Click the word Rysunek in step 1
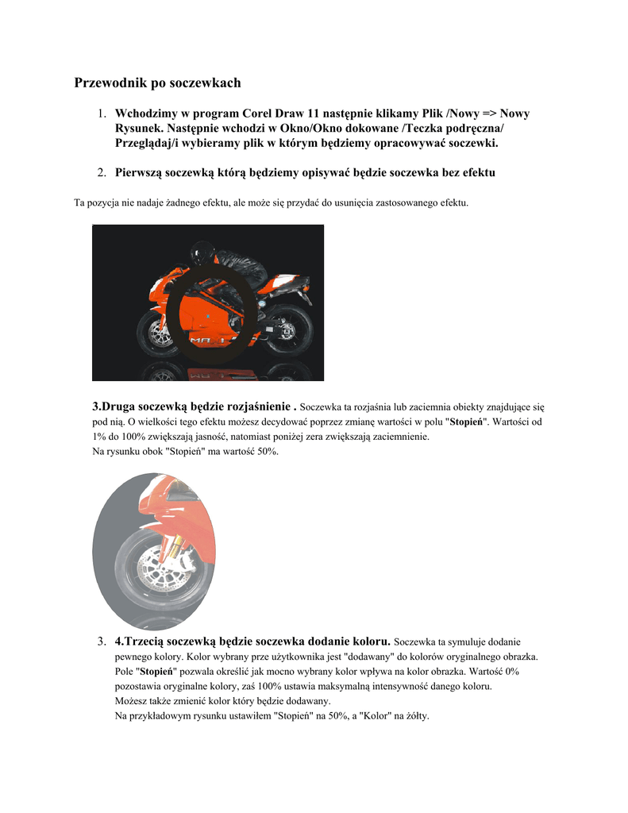(x=140, y=129)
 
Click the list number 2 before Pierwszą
(x=102, y=172)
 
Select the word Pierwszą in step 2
(x=142, y=172)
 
